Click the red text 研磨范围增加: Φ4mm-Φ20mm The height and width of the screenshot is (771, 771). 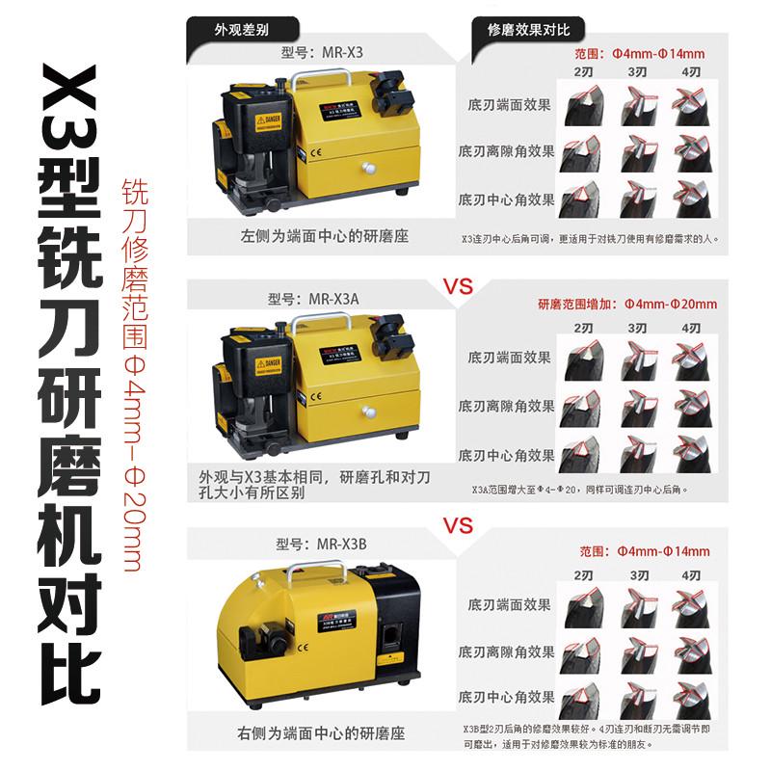[627, 305]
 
